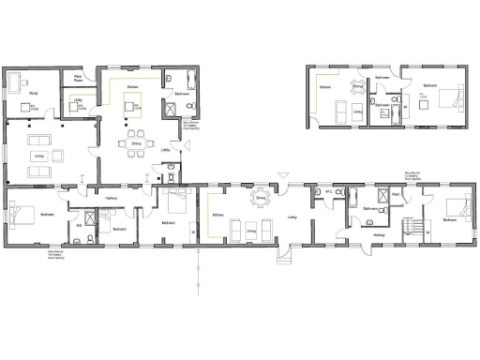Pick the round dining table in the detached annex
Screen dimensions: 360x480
(356, 88)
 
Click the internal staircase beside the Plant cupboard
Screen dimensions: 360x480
(409, 225)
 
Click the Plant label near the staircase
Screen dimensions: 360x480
(397, 194)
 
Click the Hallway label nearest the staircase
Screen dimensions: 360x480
(379, 235)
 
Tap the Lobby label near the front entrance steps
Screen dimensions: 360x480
(292, 218)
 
